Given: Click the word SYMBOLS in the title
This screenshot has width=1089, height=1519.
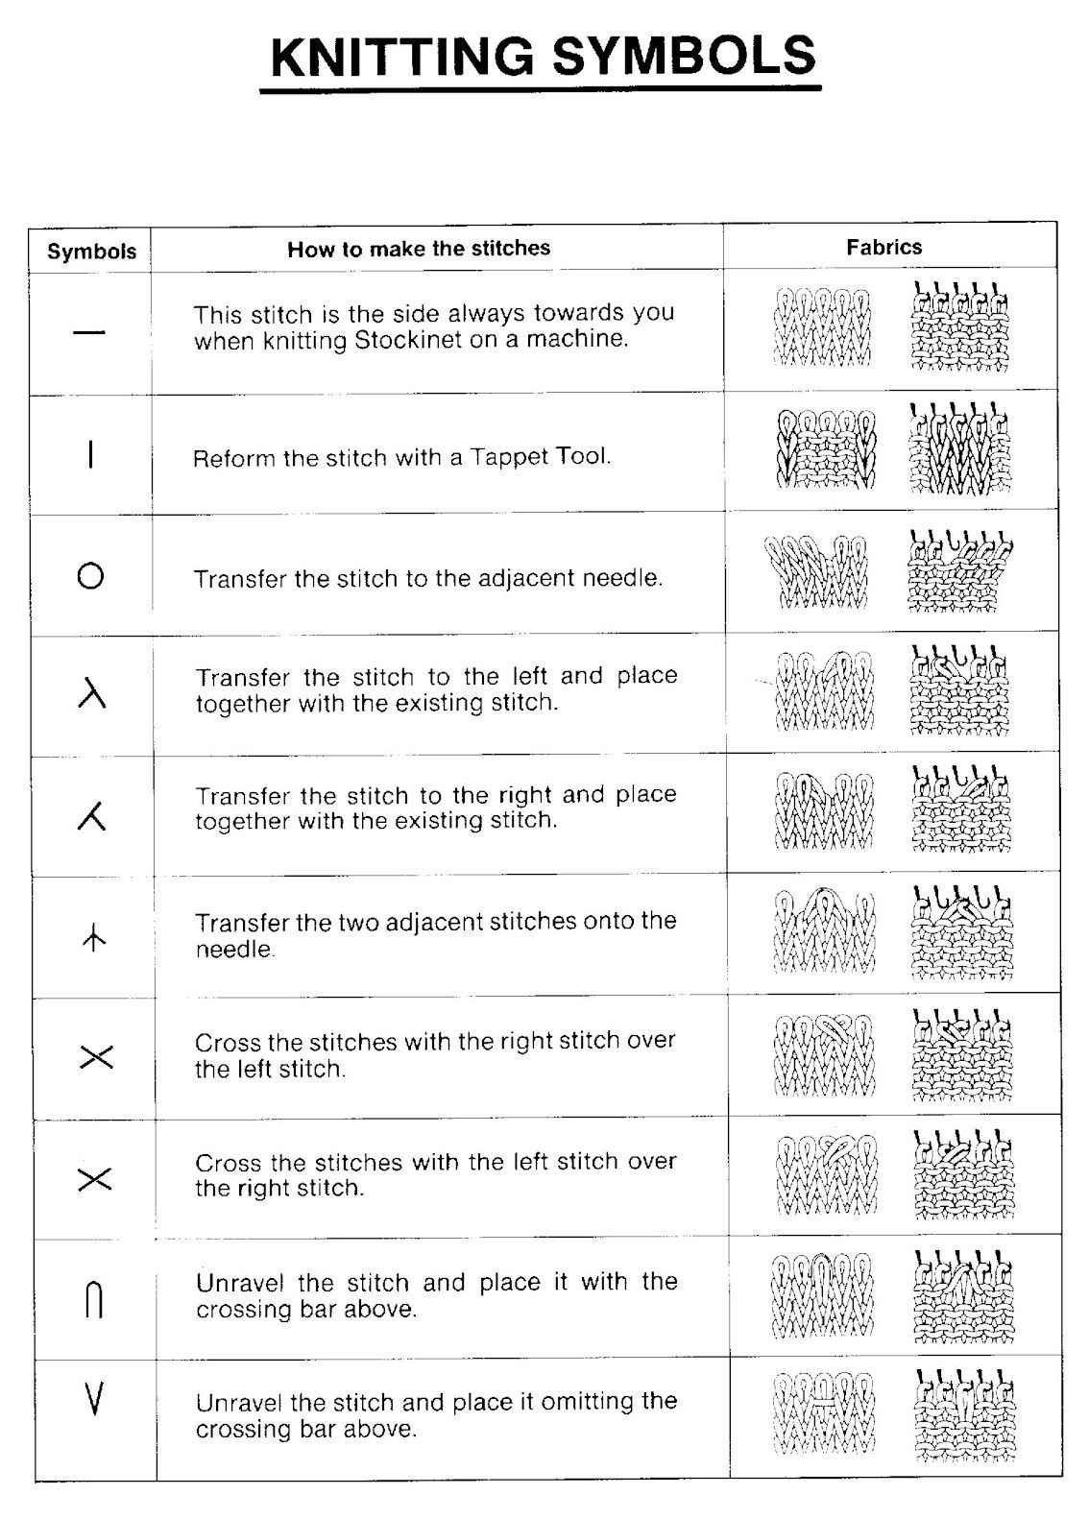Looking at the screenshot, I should point(684,57).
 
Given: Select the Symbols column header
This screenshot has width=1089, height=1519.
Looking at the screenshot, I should point(91,253).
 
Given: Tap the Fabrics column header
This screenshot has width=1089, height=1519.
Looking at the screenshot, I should point(883,248).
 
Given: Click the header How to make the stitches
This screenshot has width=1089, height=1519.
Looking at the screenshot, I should point(419,250).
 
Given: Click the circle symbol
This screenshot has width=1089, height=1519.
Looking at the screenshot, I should point(90,576).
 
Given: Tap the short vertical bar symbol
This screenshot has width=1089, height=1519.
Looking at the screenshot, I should point(90,453).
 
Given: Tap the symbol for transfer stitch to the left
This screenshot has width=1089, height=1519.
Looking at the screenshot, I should point(91,693).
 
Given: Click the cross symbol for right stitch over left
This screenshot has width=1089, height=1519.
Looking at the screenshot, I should point(94,1058).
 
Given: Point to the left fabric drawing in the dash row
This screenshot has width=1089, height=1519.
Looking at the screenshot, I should point(821,327).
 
